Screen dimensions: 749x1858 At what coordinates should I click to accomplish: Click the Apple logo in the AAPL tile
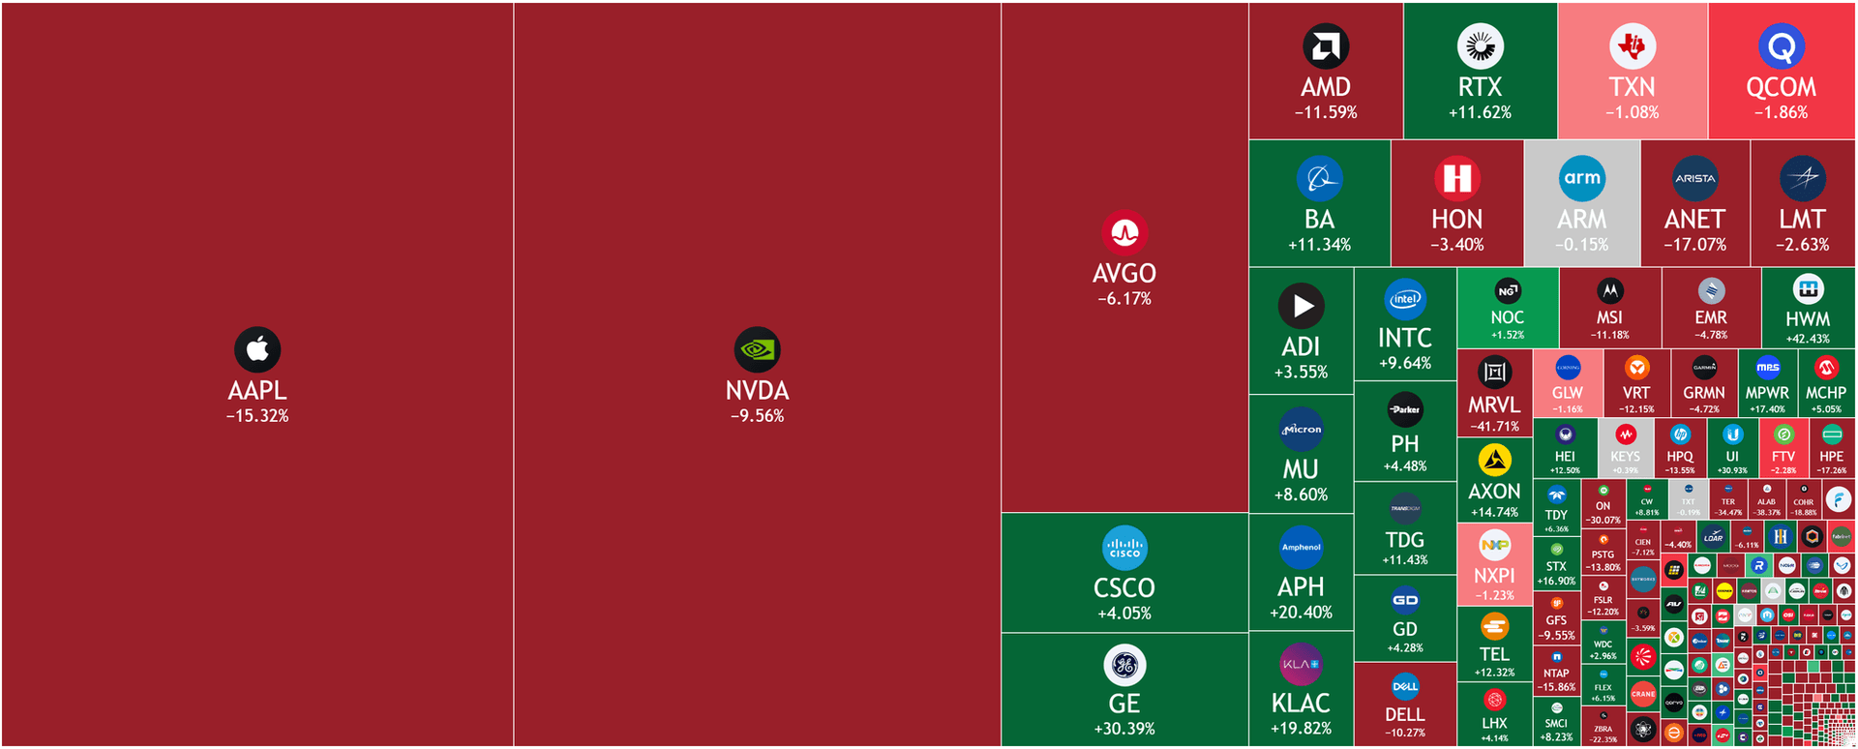coord(257,349)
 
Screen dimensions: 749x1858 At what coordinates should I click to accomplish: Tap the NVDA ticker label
coord(757,391)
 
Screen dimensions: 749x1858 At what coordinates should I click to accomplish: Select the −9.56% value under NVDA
coord(757,416)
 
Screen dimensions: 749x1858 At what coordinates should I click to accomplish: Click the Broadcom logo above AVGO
coord(1124,232)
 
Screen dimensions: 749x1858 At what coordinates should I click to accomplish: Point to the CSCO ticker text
coord(1124,587)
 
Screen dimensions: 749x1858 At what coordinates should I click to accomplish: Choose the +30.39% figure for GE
coord(1124,729)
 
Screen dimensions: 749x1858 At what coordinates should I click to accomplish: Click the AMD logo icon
coord(1326,46)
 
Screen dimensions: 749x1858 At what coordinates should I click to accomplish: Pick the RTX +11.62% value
coord(1480,112)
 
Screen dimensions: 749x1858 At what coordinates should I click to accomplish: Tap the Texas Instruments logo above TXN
coord(1633,45)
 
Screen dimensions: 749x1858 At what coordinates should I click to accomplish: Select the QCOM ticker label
coord(1781,87)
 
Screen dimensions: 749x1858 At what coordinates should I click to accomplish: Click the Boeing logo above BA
coord(1319,178)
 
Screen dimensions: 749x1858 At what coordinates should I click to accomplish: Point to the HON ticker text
coord(1456,220)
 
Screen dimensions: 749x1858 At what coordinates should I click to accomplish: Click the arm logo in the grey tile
coord(1582,178)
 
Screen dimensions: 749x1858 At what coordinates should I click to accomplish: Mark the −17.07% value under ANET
coord(1694,245)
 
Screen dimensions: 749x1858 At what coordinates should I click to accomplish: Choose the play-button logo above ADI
coord(1302,306)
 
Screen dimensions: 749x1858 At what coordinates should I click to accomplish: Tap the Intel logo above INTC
coord(1405,299)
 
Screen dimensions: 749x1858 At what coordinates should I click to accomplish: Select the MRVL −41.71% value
coord(1494,427)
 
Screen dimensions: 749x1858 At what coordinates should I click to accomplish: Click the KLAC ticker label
coord(1301,703)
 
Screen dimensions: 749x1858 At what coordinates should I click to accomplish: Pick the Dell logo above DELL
coord(1405,686)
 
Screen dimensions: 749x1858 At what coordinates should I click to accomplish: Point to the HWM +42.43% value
coord(1807,339)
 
